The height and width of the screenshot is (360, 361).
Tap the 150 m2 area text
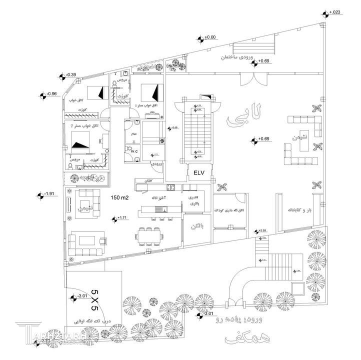[120, 198]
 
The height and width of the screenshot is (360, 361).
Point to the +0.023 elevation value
[334, 12]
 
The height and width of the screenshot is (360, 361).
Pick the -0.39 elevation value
[70, 74]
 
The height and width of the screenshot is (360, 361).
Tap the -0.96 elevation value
[51, 93]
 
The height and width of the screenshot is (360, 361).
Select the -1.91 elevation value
[50, 194]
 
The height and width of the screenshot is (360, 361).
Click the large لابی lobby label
[243, 119]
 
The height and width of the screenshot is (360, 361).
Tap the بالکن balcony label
[194, 226]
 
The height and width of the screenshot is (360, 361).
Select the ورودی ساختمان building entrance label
[238, 58]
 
